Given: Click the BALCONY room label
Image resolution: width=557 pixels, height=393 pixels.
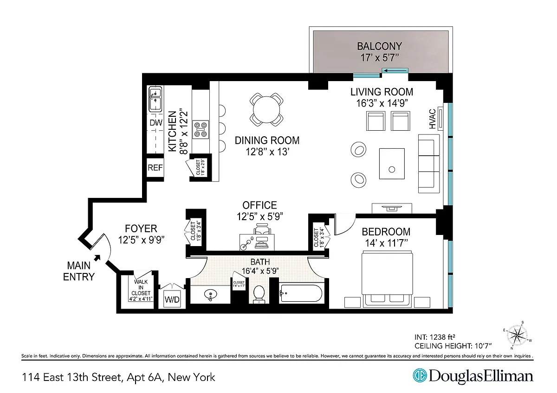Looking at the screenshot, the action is [x=380, y=46].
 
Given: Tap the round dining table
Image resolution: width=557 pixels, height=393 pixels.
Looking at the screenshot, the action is [x=266, y=109].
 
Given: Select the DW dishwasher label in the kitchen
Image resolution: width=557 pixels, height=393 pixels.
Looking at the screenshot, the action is [x=156, y=123].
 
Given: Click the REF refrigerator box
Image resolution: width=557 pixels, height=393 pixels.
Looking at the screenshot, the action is [x=155, y=168].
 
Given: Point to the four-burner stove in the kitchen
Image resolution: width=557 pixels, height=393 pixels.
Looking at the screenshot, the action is [x=201, y=130].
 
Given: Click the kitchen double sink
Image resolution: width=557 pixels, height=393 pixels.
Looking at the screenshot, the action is [x=155, y=99].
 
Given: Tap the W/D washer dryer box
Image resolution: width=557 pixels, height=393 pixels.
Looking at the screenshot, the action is [x=172, y=299].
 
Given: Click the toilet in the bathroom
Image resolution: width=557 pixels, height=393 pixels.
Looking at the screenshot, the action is [x=259, y=294].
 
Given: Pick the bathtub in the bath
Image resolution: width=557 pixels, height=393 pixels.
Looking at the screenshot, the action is [x=301, y=293].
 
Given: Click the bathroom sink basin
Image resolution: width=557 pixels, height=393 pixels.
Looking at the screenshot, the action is [x=210, y=295].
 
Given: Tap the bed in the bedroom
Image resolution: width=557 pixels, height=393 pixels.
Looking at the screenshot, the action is [x=387, y=278].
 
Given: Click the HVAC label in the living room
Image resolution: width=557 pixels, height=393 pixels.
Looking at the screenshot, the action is [x=433, y=119].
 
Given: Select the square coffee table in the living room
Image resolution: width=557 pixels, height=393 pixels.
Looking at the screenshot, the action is [x=392, y=164].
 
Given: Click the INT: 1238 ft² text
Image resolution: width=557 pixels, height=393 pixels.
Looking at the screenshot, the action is [x=434, y=337].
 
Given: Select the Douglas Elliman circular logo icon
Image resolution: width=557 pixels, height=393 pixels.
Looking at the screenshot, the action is [x=420, y=375].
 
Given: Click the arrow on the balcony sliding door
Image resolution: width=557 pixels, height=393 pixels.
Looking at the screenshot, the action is [x=395, y=71].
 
